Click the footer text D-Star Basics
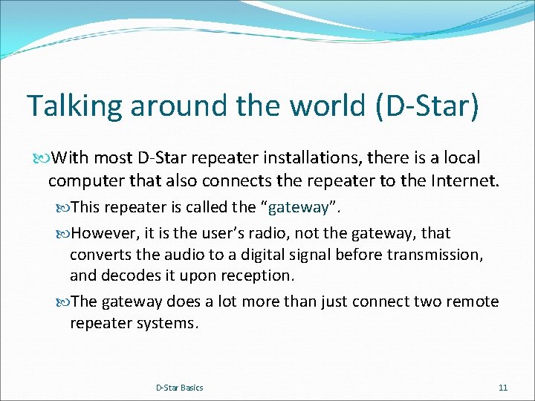point(179,388)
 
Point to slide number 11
point(503,388)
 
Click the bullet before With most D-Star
point(42,158)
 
